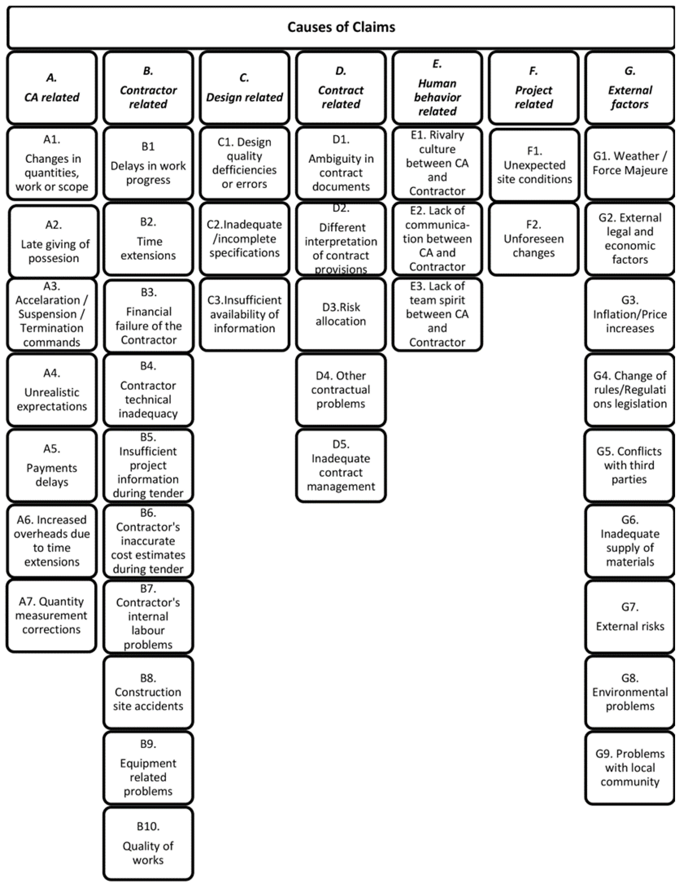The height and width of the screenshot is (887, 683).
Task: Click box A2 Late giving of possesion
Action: tap(54, 241)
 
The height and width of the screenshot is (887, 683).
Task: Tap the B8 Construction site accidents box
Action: tap(148, 692)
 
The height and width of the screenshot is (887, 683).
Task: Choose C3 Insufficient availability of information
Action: tap(244, 314)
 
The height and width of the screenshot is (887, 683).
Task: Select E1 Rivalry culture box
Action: tap(437, 163)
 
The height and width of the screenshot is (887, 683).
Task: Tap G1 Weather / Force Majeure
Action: tap(629, 163)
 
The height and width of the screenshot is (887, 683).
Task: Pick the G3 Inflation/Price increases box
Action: tap(629, 314)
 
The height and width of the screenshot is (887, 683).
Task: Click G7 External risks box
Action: tap(629, 617)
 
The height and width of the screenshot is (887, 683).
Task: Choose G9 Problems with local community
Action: tap(629, 768)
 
